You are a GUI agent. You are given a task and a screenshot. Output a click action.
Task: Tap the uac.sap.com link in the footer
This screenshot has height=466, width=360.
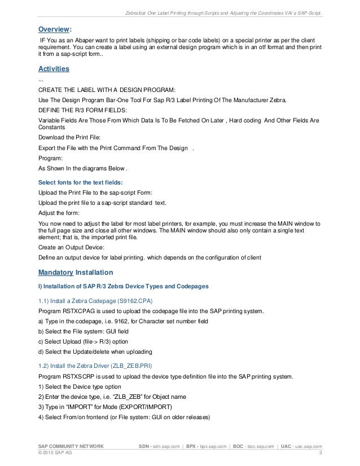pos(307,446)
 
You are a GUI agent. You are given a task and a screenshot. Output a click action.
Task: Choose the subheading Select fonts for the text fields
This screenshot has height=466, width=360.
pos(80,182)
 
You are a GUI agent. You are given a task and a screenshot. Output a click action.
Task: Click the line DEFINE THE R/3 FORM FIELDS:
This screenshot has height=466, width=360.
pos(78,109)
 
